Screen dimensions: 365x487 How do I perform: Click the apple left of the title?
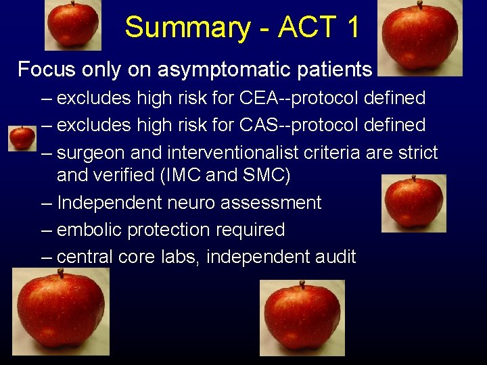(73, 25)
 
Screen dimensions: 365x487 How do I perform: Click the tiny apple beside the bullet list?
(22, 138)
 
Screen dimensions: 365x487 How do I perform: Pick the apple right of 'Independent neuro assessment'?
(413, 203)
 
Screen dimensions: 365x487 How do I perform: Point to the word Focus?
(46, 69)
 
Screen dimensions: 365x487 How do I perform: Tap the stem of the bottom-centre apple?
(302, 285)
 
